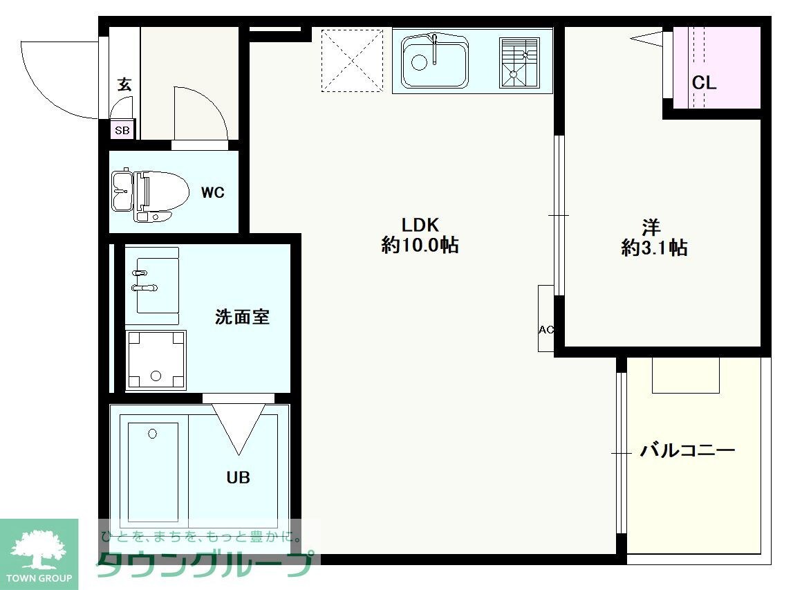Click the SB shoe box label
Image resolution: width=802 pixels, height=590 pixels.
point(122,130)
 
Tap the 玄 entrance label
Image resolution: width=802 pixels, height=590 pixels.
point(124,84)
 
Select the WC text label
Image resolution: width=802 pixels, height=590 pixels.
point(213,193)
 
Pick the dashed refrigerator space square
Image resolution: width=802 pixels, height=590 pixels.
point(353,60)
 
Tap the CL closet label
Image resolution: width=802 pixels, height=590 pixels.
point(705,84)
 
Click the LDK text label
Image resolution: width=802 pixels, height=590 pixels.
point(420,225)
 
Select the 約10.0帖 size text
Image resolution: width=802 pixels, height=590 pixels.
point(420,246)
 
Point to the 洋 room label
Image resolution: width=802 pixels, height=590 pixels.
point(651,227)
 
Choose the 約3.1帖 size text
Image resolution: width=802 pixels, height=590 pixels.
point(654,248)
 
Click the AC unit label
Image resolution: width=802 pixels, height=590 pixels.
point(545,330)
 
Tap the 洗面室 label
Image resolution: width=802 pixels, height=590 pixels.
point(242,317)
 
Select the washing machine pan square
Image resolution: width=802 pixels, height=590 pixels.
point(156,359)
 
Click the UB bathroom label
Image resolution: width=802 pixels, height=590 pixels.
point(239,477)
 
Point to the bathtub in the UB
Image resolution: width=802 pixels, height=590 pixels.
point(153,470)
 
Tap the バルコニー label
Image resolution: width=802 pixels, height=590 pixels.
point(687,451)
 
